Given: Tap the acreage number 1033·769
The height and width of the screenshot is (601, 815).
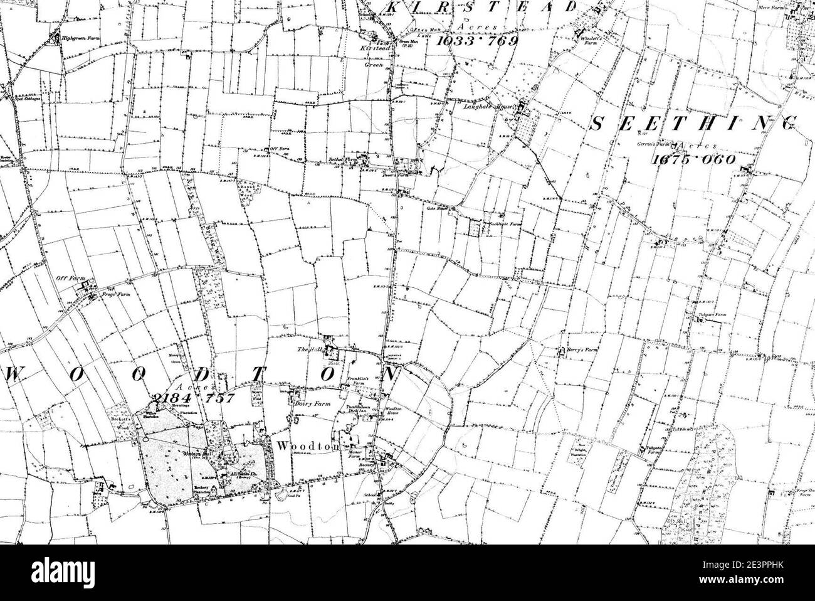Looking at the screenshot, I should (477, 41).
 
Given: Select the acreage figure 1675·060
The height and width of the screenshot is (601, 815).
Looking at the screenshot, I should (693, 160).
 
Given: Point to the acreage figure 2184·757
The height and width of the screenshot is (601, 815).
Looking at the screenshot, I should (192, 397).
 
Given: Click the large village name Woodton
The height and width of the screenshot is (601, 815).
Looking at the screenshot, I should (299, 447).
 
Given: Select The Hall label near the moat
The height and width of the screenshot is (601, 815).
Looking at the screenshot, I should (305, 347).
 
